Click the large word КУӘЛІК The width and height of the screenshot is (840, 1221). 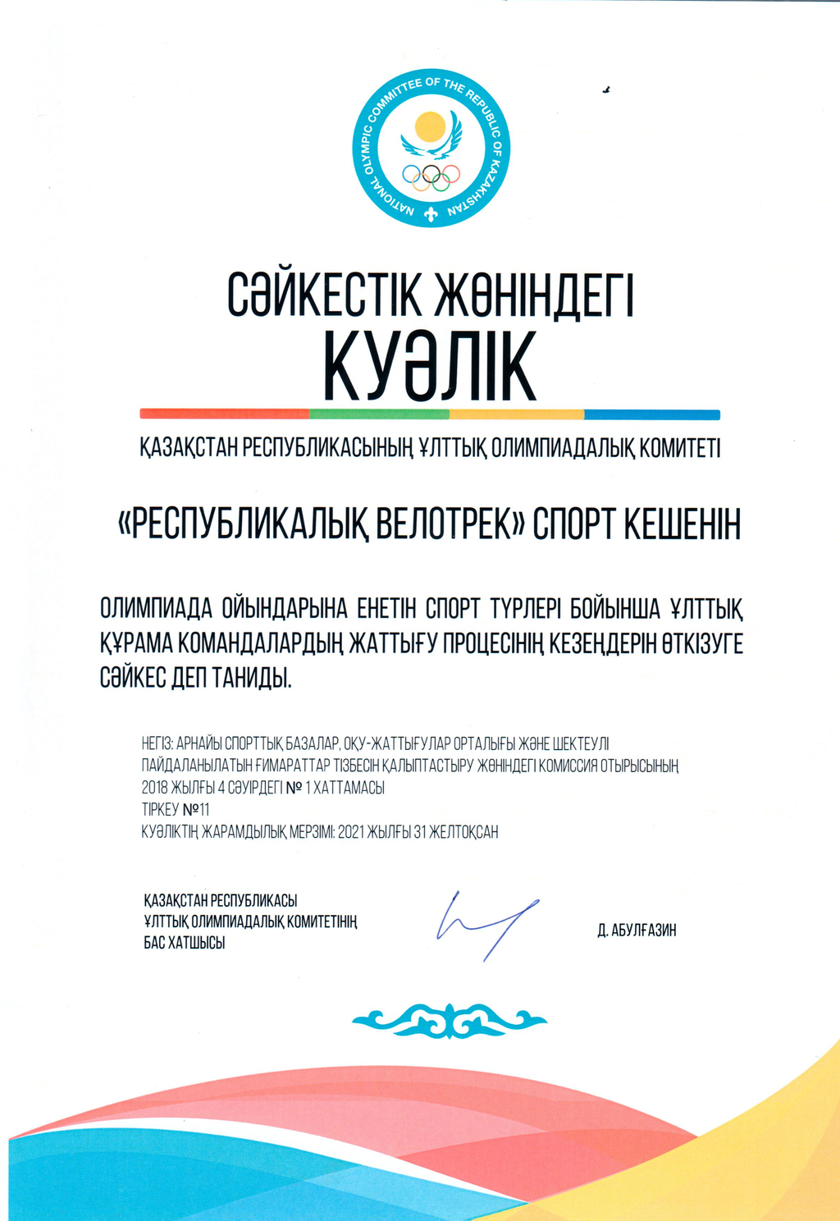click(429, 366)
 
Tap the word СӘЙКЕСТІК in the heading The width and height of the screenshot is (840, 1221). click(325, 295)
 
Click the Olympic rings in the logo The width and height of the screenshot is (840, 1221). click(431, 176)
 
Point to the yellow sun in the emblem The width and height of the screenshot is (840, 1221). click(430, 127)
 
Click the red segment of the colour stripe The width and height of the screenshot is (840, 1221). click(224, 414)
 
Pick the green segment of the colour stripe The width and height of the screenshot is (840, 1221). click(379, 414)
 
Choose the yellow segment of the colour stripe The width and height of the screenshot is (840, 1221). click(516, 414)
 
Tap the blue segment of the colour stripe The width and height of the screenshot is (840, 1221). click(651, 414)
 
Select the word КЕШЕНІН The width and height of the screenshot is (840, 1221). click(682, 524)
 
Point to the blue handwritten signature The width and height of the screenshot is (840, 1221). click(486, 923)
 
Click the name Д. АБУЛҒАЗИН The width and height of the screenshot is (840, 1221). click(637, 931)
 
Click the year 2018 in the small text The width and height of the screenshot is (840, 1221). click(154, 788)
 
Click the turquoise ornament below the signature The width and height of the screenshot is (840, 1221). click(449, 1020)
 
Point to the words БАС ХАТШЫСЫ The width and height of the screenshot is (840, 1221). click(185, 944)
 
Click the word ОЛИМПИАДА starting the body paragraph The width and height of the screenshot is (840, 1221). click(156, 609)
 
